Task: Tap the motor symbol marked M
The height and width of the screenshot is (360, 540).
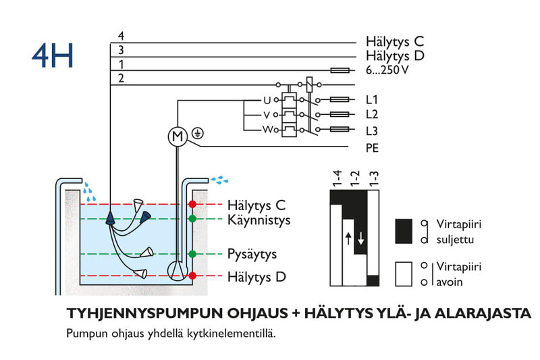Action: [x=178, y=137]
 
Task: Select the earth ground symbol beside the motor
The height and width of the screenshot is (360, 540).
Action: [x=197, y=133]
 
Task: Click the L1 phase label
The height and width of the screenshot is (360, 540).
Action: [x=372, y=99]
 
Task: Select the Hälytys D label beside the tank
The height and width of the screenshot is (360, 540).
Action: [x=256, y=277]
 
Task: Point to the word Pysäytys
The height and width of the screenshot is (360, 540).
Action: [x=252, y=255]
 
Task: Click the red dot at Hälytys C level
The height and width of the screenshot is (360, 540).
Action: [x=192, y=204]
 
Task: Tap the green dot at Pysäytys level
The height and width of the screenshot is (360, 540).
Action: [x=192, y=254]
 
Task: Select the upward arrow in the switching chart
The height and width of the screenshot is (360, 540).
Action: [x=348, y=238]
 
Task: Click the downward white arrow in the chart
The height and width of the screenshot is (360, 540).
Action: [x=361, y=238]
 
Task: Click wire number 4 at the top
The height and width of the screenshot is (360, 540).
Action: [x=121, y=36]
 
